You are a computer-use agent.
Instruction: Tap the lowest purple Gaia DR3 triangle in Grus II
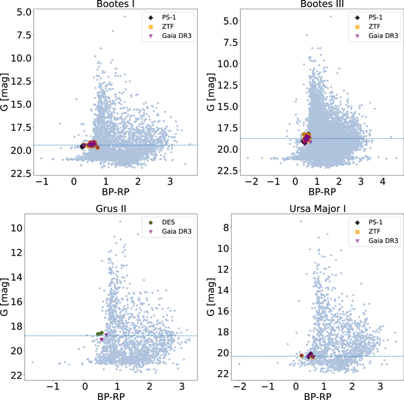tap(101, 339)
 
